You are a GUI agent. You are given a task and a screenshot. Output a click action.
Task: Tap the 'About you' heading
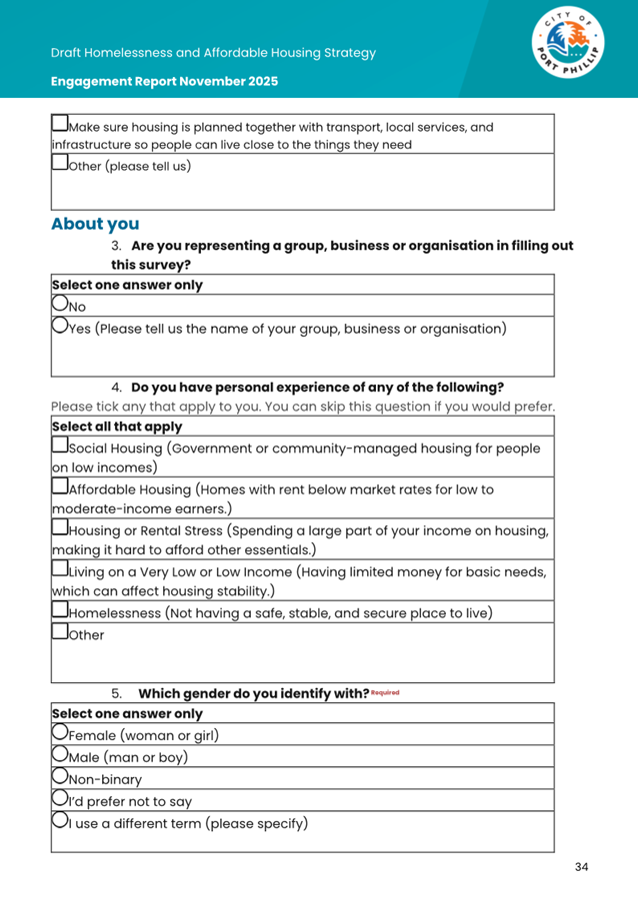tap(95, 224)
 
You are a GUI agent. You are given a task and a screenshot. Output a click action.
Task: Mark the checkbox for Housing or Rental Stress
tap(60, 527)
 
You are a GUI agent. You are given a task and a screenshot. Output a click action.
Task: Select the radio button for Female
tap(60, 733)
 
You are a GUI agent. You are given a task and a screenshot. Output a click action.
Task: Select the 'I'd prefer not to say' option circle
tap(60, 798)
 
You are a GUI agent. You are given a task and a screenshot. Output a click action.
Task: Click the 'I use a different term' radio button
tap(60, 821)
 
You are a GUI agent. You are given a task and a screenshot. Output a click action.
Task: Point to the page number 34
tap(581, 866)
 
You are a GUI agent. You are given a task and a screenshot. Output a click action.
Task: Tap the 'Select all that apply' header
tap(117, 427)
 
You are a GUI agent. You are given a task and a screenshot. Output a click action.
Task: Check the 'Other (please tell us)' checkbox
tap(60, 163)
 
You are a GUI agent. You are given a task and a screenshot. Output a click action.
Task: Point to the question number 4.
tap(116, 387)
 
